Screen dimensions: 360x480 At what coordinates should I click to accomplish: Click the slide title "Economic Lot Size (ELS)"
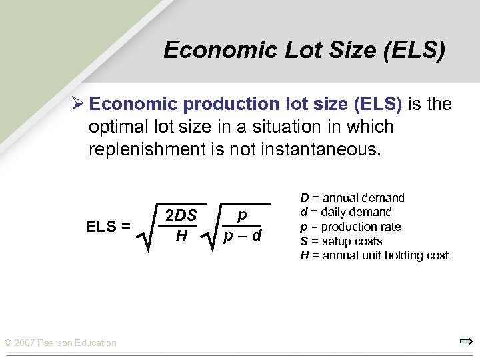(304, 51)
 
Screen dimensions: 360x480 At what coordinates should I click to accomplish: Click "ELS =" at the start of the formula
(108, 227)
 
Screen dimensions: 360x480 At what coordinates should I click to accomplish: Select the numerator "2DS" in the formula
(181, 215)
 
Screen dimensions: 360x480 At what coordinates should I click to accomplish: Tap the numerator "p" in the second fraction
(242, 215)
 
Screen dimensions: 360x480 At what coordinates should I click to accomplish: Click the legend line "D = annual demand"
(352, 198)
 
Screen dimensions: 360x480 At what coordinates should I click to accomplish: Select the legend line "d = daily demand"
(346, 212)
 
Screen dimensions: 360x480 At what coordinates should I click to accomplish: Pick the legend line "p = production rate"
(351, 227)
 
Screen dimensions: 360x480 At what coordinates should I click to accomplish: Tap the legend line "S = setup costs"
(341, 241)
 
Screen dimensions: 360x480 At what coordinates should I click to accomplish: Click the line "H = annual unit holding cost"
(374, 255)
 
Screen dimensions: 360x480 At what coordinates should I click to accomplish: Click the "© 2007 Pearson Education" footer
(61, 343)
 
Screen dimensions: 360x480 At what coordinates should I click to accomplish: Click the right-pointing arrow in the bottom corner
(465, 342)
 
